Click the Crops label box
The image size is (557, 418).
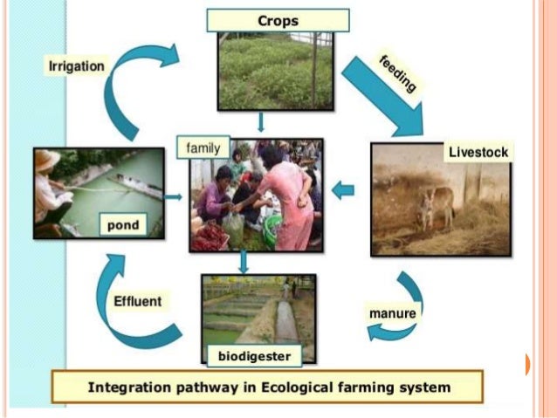click(278, 20)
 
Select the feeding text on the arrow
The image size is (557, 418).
click(397, 73)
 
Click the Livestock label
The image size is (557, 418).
click(478, 152)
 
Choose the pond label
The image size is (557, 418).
click(123, 226)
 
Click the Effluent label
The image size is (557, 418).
click(138, 302)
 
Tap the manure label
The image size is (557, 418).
click(391, 312)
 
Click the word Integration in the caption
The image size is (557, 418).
click(129, 387)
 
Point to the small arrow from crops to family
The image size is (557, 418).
click(260, 122)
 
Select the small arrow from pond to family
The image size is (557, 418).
click(175, 197)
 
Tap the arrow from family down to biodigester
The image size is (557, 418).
click(244, 262)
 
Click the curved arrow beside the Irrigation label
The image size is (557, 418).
click(131, 87)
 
